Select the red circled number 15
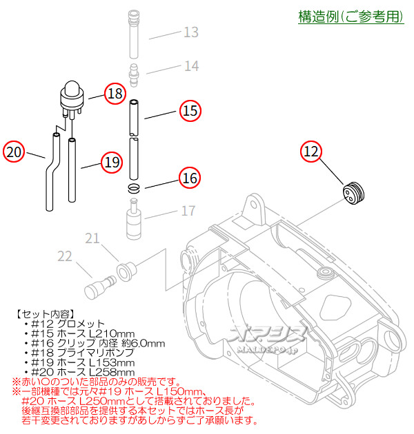tap(190, 110)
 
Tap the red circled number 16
tap(190, 177)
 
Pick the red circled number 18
tap(115, 94)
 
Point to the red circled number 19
tap(110, 163)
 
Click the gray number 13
tap(190, 32)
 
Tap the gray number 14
tap(190, 66)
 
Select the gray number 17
tap(188, 211)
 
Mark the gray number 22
tap(65, 256)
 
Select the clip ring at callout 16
tap(135, 188)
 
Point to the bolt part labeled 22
tap(101, 283)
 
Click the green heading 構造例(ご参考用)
tap(351, 17)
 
